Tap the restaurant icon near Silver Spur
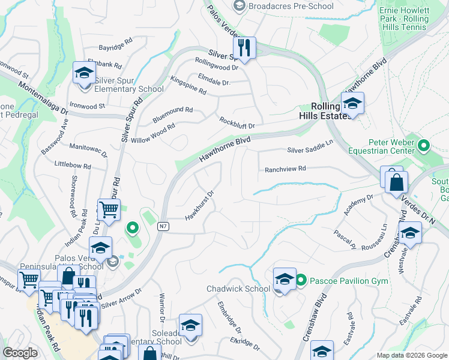[244, 47]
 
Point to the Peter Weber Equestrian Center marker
[424, 146]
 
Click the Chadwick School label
[238, 289]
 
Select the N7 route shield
[163, 226]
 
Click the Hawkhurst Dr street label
[200, 205]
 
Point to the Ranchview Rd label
[286, 169]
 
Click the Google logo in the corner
[20, 353]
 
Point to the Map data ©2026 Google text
[411, 355]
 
